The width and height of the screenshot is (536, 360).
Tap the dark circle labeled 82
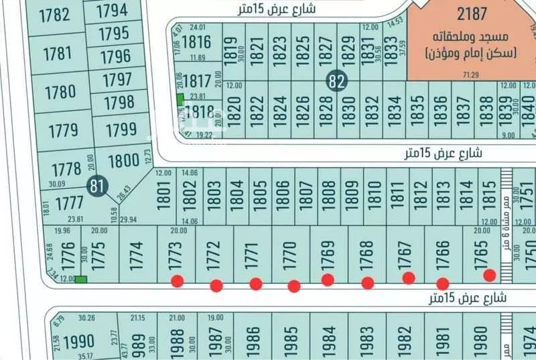(338, 82)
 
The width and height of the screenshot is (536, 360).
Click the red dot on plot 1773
(177, 281)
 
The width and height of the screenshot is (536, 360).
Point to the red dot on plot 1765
(490, 275)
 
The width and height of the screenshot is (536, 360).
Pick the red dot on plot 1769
(328, 280)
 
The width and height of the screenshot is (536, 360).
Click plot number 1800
(123, 162)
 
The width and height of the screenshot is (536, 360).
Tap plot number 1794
(112, 11)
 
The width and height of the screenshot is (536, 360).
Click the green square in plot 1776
(81, 280)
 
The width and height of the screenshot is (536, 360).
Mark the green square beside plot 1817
(180, 99)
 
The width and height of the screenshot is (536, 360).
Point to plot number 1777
(70, 202)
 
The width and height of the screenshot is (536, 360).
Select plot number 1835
(417, 109)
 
